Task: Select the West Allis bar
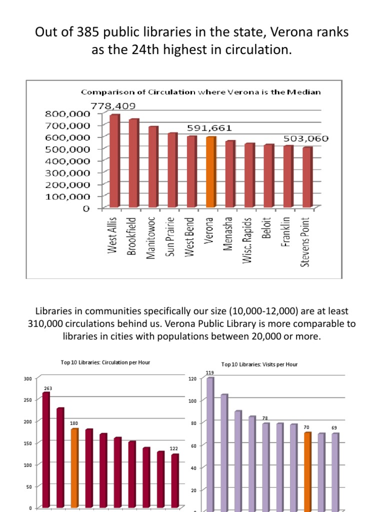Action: click(114, 160)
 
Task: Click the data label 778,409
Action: click(112, 106)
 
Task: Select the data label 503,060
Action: click(306, 138)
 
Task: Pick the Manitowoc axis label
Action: click(151, 237)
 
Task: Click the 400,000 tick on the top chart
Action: click(68, 160)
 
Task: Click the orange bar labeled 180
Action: click(74, 468)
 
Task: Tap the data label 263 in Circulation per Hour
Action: click(47, 388)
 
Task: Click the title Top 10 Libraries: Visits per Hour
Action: click(259, 364)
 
